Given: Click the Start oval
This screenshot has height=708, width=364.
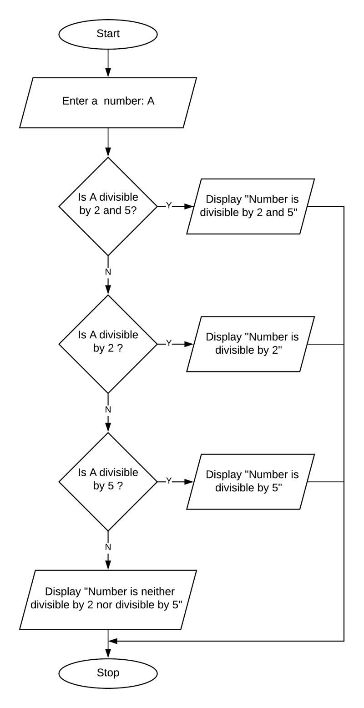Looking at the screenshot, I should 108,34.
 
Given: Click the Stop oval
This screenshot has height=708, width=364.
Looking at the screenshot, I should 108,673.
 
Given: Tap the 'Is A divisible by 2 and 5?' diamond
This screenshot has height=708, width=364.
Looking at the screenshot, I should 108,206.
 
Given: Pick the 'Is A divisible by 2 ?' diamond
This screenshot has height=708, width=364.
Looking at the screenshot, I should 108,344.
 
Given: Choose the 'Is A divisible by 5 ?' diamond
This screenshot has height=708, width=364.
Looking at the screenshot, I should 108,481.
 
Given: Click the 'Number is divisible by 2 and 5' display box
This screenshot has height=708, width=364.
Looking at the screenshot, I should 250,206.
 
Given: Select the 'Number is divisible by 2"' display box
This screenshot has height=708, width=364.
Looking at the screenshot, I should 250,344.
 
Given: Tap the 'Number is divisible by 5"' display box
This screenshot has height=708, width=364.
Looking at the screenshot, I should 250,481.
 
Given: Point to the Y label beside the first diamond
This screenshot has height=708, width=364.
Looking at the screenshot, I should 168,206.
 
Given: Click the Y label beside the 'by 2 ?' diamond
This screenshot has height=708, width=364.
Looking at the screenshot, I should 168,343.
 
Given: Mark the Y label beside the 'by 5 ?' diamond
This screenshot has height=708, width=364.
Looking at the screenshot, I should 168,481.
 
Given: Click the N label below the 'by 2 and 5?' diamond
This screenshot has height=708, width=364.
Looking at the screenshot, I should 108,272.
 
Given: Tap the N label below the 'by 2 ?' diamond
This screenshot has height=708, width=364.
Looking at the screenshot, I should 108,410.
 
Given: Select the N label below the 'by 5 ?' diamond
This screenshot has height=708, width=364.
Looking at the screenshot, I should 108,547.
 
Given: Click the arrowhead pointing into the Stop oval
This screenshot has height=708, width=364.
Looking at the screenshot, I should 108,654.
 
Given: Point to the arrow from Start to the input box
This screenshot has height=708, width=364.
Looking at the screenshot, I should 108,63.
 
